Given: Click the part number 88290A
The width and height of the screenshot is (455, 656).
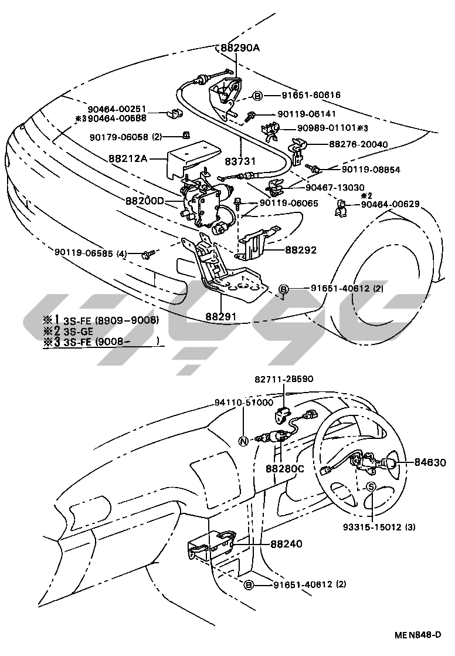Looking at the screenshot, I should click(x=240, y=48).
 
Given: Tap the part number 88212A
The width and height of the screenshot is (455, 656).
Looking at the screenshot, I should click(x=127, y=158).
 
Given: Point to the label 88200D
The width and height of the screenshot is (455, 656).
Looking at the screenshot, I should click(x=144, y=201).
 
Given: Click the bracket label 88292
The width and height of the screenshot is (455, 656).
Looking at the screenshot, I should click(x=301, y=249).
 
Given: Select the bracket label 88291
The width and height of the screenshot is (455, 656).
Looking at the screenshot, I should click(x=220, y=316).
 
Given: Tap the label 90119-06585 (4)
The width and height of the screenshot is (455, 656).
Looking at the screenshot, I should click(x=91, y=253).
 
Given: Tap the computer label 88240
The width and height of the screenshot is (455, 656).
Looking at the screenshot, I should click(x=286, y=544).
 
